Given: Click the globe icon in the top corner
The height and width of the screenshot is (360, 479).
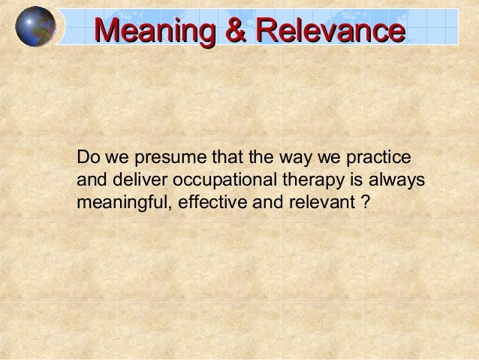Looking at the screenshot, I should (x=35, y=26).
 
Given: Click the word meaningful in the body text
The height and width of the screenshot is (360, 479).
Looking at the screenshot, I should (x=120, y=204).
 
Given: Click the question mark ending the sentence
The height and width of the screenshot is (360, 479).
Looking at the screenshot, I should (x=364, y=204).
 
